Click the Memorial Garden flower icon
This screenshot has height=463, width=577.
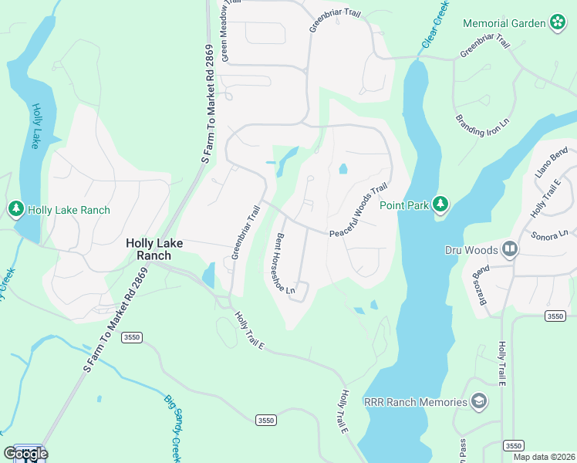(558, 23)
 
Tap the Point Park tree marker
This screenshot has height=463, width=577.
(440, 204)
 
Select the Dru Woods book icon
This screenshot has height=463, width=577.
(509, 249)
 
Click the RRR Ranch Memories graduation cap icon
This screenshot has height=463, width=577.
(479, 401)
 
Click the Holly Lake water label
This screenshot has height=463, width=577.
(37, 127)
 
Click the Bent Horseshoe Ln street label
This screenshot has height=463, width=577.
(282, 264)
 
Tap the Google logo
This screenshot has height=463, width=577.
(25, 453)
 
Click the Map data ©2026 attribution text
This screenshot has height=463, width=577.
(543, 457)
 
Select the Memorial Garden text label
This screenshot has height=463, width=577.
(504, 23)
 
